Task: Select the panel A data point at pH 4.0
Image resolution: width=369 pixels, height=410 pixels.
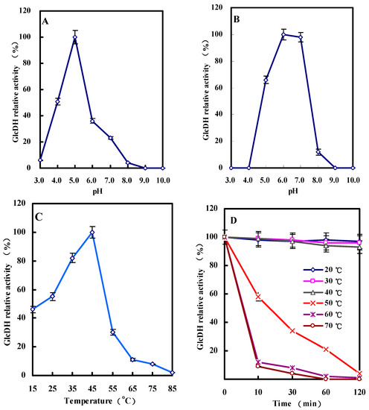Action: point(57,101)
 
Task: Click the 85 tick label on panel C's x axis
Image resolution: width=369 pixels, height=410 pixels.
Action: point(173,388)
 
